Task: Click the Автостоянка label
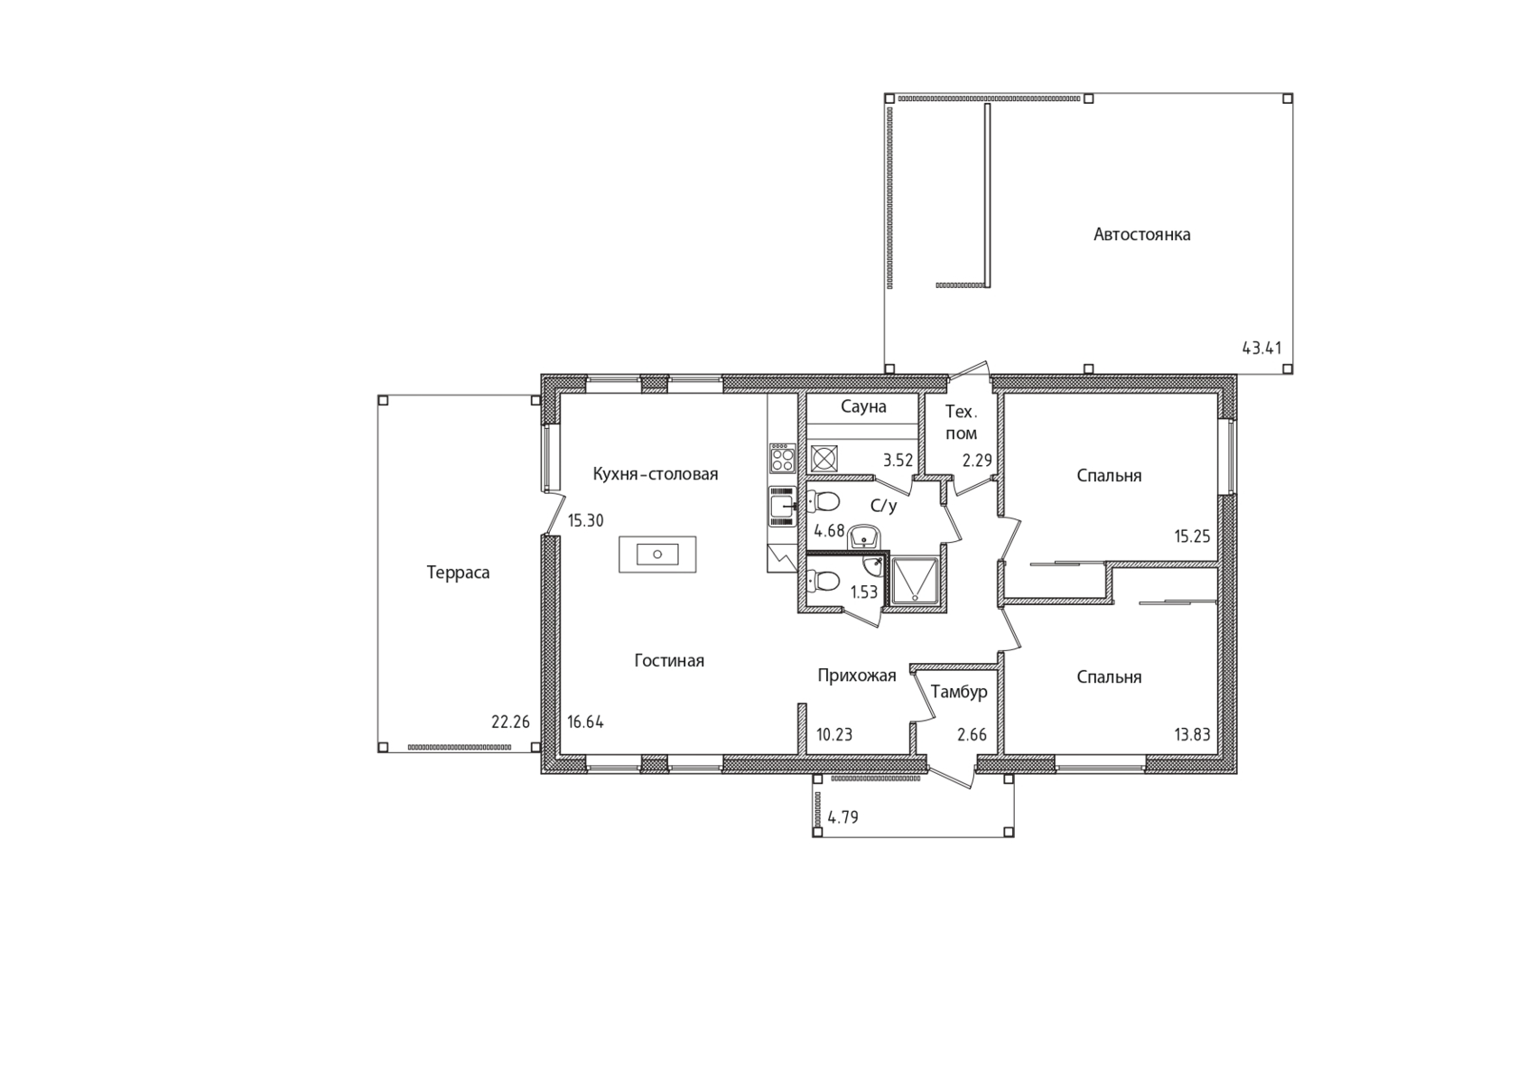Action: (x=1141, y=235)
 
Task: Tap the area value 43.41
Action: (x=1261, y=348)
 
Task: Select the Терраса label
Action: (x=458, y=573)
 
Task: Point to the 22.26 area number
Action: (x=511, y=722)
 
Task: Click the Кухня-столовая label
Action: (x=655, y=474)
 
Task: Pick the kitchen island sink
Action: (x=657, y=554)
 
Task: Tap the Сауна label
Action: (x=863, y=407)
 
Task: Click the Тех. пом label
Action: (x=961, y=423)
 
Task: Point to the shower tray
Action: (x=915, y=581)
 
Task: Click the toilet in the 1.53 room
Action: (x=823, y=581)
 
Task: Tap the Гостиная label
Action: (x=669, y=660)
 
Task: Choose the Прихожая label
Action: (x=857, y=676)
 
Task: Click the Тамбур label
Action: (x=959, y=692)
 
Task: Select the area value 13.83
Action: (x=1192, y=734)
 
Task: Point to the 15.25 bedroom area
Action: (x=1192, y=536)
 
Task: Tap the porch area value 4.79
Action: (x=843, y=817)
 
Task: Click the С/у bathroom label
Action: (x=884, y=506)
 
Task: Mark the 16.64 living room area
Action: (x=586, y=722)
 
